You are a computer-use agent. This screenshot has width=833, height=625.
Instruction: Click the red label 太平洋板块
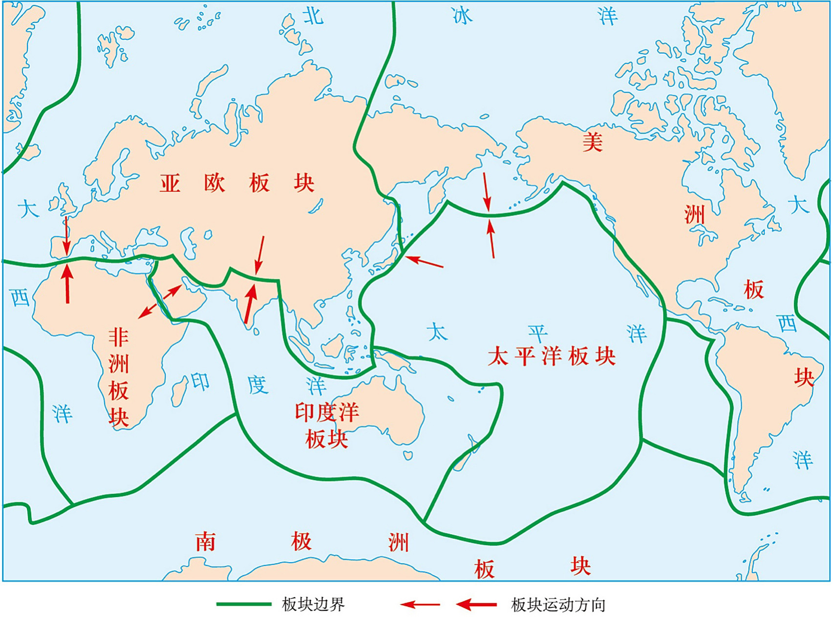click(551, 356)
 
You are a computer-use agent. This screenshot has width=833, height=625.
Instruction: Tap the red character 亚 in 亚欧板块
click(170, 184)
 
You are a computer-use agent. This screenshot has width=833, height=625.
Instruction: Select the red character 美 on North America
click(592, 142)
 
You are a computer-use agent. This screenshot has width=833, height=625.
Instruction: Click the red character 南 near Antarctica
click(205, 542)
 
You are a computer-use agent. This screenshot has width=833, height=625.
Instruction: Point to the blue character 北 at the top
click(313, 16)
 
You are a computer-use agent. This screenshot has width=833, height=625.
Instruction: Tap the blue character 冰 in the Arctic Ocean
click(462, 16)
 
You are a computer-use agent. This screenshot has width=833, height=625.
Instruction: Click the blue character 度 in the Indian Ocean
click(257, 385)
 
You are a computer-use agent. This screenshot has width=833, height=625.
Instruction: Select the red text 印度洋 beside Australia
click(326, 413)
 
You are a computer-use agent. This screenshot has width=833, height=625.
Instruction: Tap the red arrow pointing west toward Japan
click(424, 262)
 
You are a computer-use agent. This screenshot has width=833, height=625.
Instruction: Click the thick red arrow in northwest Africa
click(67, 283)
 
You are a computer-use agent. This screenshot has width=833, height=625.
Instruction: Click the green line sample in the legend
click(243, 604)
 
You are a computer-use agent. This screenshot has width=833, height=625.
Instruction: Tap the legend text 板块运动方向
click(558, 605)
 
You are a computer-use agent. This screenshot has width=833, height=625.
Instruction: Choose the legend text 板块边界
click(313, 604)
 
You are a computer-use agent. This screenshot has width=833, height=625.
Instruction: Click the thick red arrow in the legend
click(476, 605)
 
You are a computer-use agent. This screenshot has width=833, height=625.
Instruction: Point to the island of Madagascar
click(180, 392)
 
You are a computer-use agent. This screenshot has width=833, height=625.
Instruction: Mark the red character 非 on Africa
click(119, 337)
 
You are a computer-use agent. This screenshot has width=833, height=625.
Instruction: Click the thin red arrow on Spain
click(67, 235)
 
